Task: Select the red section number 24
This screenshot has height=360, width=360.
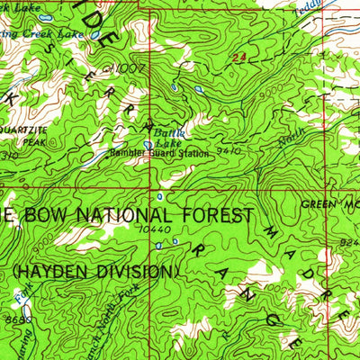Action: tap(238, 58)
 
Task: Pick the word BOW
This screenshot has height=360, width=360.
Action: tap(36, 216)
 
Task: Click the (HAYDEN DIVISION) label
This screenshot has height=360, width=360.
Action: tap(94, 270)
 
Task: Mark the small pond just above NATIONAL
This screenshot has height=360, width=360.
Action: tap(159, 195)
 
